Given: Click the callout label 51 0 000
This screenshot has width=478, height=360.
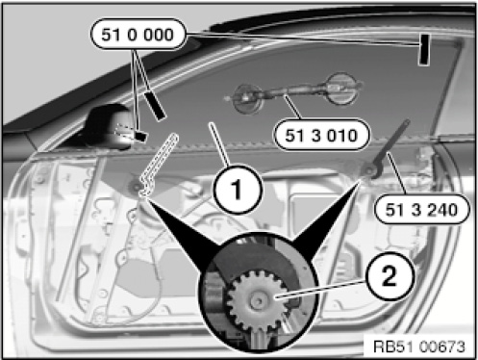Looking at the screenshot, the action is (x=138, y=34).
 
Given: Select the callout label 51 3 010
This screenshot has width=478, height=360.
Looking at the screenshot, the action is (x=321, y=135).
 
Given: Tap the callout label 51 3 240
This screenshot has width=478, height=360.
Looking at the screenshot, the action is (x=422, y=210).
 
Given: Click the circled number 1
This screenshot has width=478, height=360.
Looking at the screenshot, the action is (x=238, y=189).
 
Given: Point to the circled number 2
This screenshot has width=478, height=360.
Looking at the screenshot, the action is (x=390, y=276).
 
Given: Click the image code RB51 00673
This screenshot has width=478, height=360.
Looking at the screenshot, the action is (x=419, y=347).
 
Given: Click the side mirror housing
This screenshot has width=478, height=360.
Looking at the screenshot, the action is (x=108, y=127).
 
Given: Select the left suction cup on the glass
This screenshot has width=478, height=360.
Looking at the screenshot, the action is (x=247, y=98).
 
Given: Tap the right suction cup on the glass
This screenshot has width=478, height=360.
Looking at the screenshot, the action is (x=341, y=89).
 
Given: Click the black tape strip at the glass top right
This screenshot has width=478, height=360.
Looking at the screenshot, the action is (x=424, y=49).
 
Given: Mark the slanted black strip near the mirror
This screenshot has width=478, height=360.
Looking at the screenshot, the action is (x=155, y=106).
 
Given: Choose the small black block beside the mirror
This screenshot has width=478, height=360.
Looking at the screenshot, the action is (x=140, y=136).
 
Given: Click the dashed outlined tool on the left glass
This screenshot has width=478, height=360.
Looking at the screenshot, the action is (x=158, y=165).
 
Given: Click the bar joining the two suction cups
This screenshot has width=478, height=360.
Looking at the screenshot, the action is (x=294, y=90).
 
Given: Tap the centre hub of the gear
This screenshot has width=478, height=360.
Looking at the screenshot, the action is (x=258, y=300).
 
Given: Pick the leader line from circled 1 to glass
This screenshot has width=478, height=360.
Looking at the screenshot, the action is (x=220, y=145).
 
